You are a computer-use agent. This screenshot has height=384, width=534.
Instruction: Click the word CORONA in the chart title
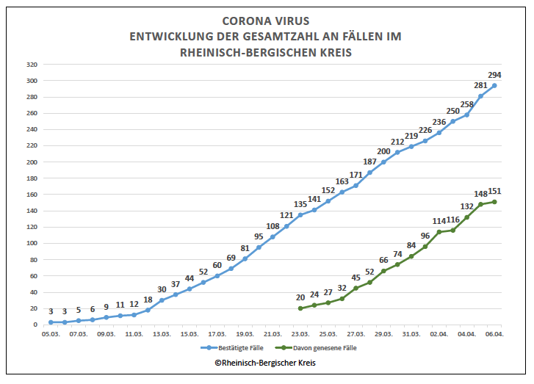(245, 21)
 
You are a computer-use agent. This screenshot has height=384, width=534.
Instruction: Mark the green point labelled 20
(300, 308)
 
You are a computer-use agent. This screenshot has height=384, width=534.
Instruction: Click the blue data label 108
(273, 226)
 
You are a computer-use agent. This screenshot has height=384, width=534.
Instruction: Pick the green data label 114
(439, 221)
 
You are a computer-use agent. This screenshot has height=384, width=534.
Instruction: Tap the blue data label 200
(383, 151)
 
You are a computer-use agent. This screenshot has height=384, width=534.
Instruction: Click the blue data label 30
(162, 289)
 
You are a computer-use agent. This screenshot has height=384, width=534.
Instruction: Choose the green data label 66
(383, 260)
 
